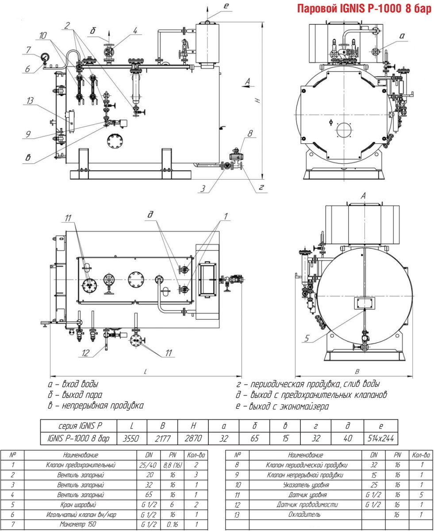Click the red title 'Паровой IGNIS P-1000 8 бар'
point(365,9)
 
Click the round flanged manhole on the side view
point(116,141)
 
